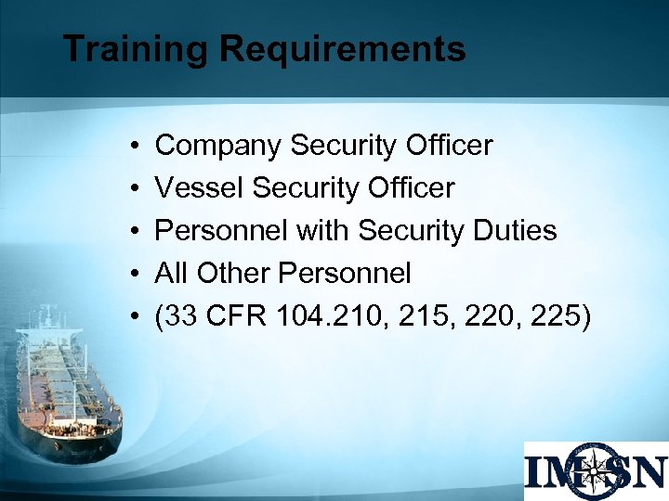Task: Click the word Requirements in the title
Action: point(342,49)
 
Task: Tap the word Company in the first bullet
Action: point(219,146)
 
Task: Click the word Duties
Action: point(517,230)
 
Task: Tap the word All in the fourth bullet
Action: point(170,273)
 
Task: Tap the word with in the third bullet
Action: point(323,230)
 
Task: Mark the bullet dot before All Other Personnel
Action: point(135,275)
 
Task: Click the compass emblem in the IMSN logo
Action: point(596,470)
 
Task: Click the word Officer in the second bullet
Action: point(409,188)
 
